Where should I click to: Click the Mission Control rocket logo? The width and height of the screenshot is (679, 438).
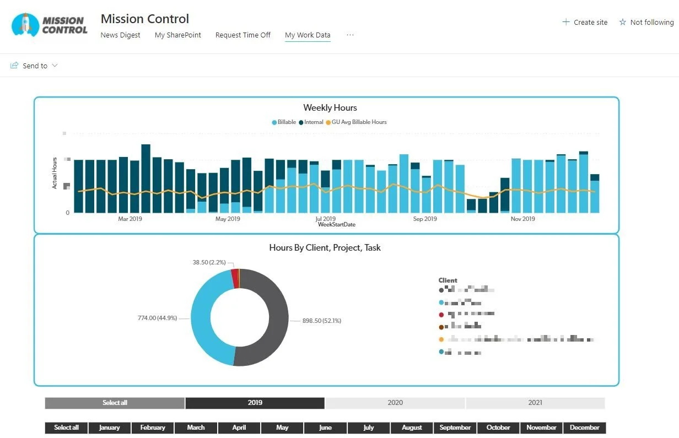click(x=50, y=25)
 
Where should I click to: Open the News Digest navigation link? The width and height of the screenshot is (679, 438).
click(x=120, y=35)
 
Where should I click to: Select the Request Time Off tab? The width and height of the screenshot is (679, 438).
click(x=242, y=35)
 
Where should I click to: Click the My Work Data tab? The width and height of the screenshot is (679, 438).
click(x=308, y=35)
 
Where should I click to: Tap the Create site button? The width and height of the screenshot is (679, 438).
click(x=585, y=23)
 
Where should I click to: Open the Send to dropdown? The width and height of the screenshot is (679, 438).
click(x=34, y=66)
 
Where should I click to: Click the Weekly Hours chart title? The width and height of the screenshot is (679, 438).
click(x=330, y=108)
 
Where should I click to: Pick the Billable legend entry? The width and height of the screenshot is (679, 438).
click(x=284, y=122)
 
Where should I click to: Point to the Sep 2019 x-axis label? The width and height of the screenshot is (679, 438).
click(x=424, y=219)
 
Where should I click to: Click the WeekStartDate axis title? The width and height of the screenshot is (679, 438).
click(x=336, y=225)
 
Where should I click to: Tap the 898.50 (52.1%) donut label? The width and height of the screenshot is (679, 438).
click(x=321, y=321)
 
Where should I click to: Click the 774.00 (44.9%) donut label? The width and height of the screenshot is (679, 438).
click(x=157, y=318)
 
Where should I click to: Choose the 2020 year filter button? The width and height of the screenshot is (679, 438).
click(x=395, y=403)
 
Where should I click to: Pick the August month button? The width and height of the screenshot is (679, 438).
click(x=412, y=428)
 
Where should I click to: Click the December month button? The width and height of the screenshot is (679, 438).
click(x=584, y=428)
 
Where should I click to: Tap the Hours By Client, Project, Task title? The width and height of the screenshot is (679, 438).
click(x=325, y=248)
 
